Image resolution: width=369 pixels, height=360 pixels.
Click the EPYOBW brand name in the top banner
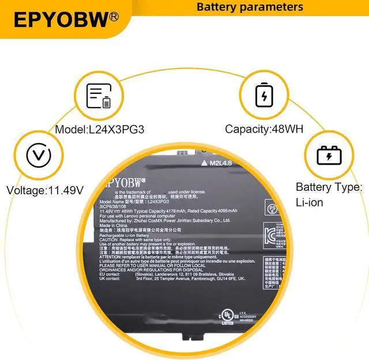pos(61,20)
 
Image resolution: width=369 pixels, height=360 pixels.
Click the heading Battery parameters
pos(250,7)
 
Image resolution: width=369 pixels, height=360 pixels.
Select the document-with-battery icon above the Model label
pos(99,96)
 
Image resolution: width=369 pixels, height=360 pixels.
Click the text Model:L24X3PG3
pos(99,130)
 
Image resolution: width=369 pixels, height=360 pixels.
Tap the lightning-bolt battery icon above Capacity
pos(264,95)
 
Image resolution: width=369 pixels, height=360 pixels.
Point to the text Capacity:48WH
pos(264,130)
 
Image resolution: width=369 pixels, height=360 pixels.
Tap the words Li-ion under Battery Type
pos(310,203)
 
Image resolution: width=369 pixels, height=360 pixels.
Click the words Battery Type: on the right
pos(329,187)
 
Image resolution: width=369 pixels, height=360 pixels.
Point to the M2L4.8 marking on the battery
pos(221,164)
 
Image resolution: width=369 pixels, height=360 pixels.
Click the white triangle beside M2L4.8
pos(204,164)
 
